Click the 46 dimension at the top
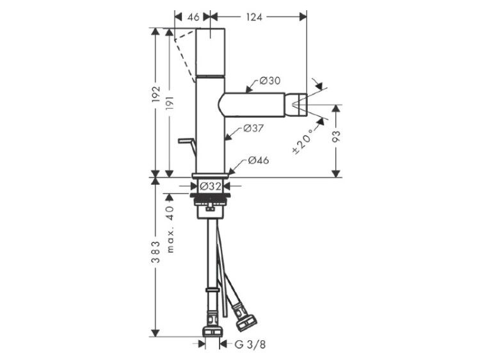[193, 17]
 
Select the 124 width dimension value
[254, 17]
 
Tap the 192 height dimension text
[156, 94]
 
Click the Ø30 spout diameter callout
[270, 81]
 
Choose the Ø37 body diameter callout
[253, 129]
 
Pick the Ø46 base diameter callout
[259, 160]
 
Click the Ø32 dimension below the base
[210, 185]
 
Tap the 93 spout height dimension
[336, 136]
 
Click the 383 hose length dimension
[156, 252]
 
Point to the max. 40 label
[170, 229]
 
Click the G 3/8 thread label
[250, 345]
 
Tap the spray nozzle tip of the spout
[299, 105]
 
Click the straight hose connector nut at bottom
[212, 331]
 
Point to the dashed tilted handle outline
[184, 55]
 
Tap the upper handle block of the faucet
[211, 52]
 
